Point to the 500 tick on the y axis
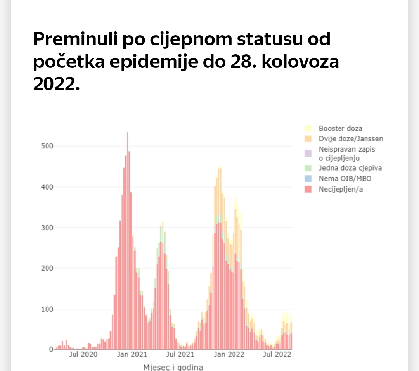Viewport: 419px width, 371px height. (46, 146)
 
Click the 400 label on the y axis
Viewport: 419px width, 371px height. (46, 187)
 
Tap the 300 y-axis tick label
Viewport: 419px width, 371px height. (46, 228)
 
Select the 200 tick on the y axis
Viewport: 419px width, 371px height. (46, 268)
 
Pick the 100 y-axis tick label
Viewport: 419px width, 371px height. (46, 309)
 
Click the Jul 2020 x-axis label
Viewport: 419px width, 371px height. (83, 354)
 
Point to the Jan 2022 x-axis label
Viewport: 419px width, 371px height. (229, 354)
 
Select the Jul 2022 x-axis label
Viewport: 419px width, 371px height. (277, 354)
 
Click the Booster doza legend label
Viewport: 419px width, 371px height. (340, 128)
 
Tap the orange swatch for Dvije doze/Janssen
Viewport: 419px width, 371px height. (308, 138)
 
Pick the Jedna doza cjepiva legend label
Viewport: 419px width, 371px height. (350, 168)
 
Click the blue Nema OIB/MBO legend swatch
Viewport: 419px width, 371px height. (308, 179)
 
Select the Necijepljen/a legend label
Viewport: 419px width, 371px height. (341, 189)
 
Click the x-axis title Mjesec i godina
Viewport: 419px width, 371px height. (173, 367)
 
